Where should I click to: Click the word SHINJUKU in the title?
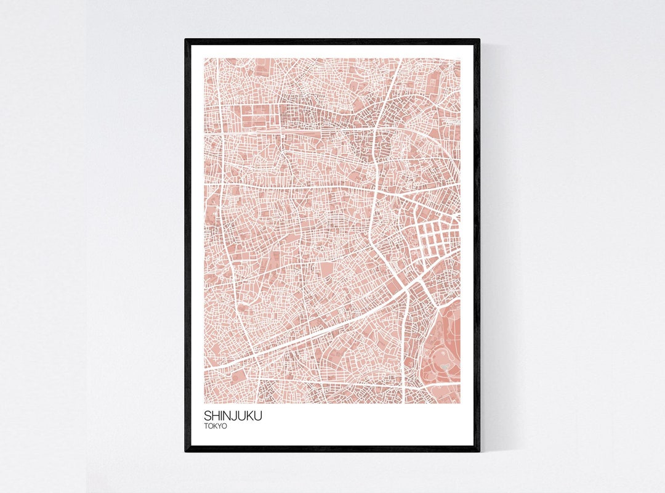pyautogui.click(x=233, y=416)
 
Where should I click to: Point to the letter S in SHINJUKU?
pyautogui.click(x=208, y=416)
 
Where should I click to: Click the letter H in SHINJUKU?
pyautogui.click(x=216, y=416)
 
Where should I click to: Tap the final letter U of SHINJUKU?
pyautogui.click(x=258, y=416)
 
